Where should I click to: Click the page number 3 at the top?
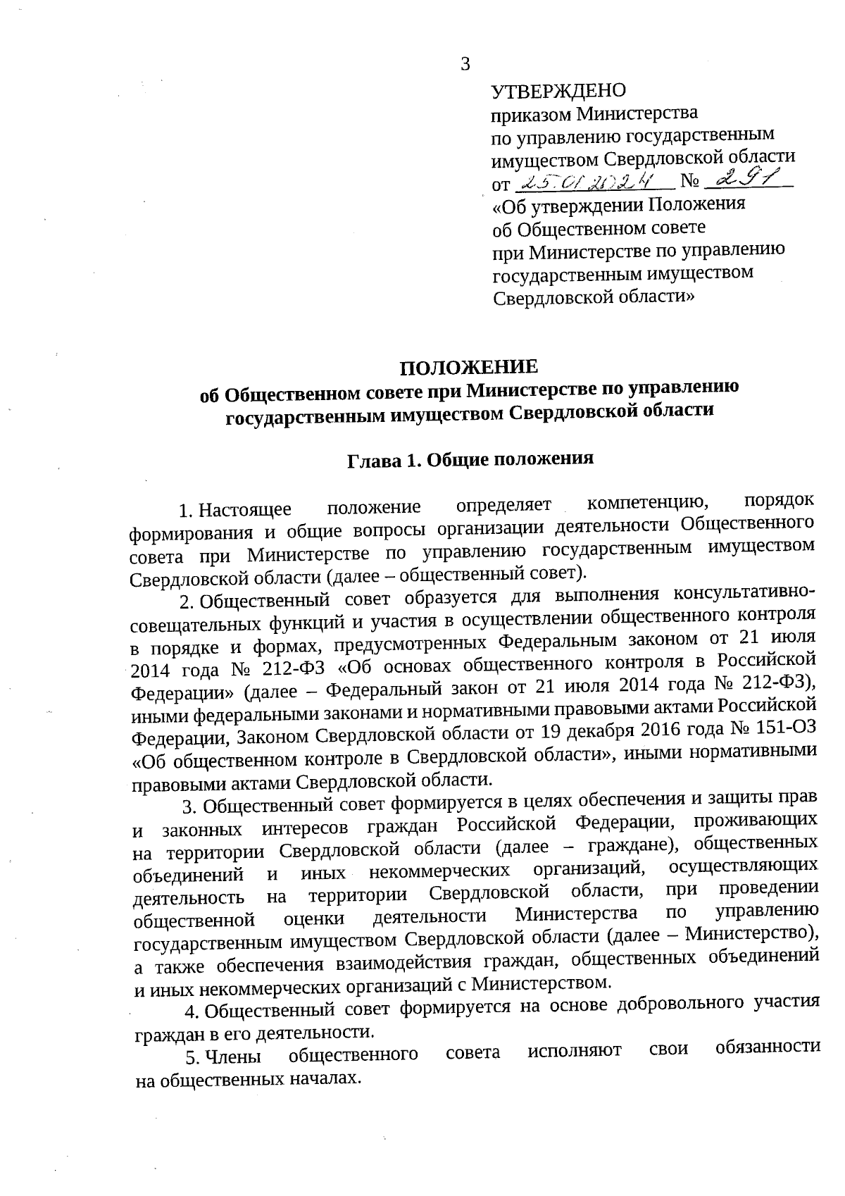464,65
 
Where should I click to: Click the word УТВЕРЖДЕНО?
558,92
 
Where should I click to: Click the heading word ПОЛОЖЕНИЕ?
469,367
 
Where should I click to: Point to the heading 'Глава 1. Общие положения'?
470,459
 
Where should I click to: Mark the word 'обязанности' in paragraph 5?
767,1047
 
